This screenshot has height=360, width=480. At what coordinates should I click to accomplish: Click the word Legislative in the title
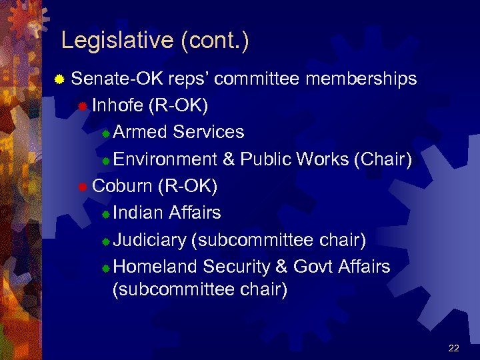click(x=117, y=41)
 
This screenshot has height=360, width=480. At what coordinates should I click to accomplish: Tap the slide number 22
click(x=454, y=348)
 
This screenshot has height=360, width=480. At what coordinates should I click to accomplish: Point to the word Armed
click(x=140, y=132)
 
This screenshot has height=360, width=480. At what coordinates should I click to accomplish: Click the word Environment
click(x=165, y=159)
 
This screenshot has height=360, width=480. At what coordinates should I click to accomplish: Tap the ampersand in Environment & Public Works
click(x=229, y=159)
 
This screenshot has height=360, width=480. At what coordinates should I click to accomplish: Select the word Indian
click(x=138, y=213)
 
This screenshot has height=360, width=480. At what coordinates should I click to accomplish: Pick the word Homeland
click(x=155, y=267)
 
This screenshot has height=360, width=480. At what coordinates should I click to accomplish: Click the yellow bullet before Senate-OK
click(x=59, y=80)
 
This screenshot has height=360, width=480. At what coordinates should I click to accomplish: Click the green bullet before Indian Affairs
click(x=105, y=215)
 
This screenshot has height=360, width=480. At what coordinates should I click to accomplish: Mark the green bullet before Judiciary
click(x=105, y=241)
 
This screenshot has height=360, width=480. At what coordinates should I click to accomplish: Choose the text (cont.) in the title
click(x=215, y=41)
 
